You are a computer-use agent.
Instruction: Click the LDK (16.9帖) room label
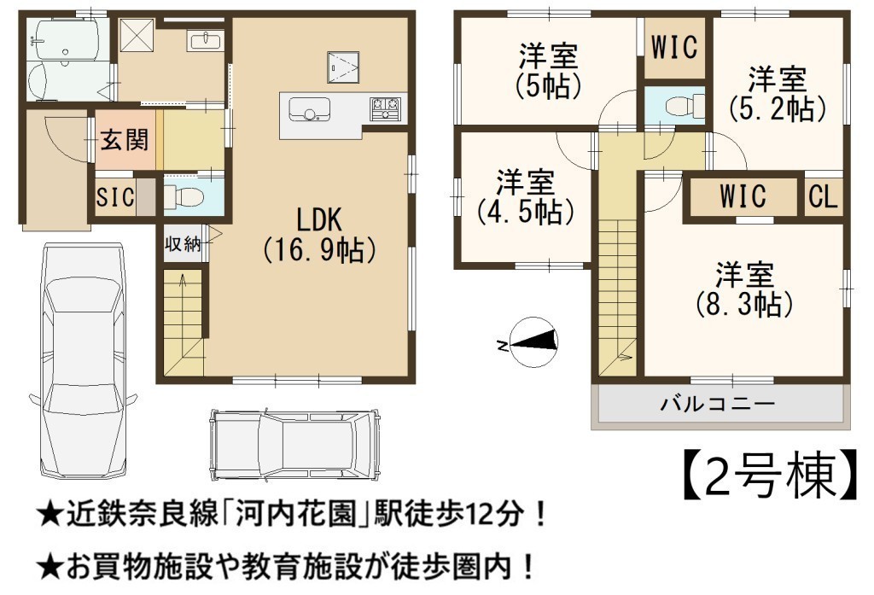[x=319, y=234]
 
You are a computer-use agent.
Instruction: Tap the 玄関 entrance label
[x=125, y=139]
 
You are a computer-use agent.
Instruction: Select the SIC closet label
[x=115, y=197]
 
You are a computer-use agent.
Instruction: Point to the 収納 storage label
[x=183, y=243]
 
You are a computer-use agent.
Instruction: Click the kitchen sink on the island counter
[x=309, y=108]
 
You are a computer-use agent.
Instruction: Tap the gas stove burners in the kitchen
[x=385, y=107]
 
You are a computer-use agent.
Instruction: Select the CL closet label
[x=823, y=197]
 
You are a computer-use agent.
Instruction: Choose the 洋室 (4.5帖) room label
[x=525, y=197]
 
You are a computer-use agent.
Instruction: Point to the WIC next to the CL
[x=743, y=196]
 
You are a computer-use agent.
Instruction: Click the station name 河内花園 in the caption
[x=295, y=513]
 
